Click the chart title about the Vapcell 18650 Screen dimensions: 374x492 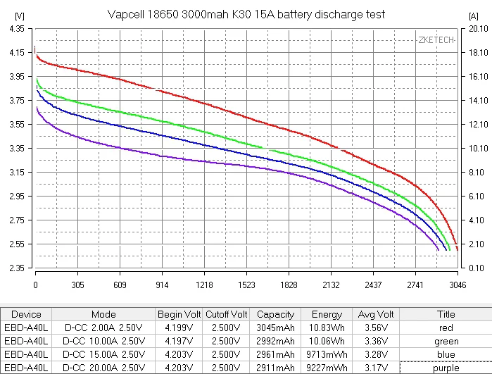point(246,14)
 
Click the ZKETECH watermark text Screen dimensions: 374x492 point(436,40)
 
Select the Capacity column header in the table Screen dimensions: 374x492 point(276,315)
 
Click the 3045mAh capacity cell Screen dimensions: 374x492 point(276,328)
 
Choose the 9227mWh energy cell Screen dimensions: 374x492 point(326,368)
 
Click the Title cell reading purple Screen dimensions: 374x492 point(446,368)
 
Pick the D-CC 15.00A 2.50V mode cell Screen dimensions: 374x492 point(103,355)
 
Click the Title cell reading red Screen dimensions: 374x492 point(446,328)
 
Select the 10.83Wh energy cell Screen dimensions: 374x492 point(326,328)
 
